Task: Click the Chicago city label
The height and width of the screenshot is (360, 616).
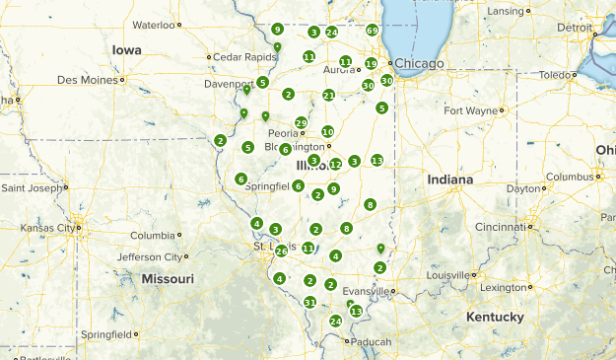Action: click(x=421, y=63)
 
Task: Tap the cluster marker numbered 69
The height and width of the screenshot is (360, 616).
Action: click(x=372, y=31)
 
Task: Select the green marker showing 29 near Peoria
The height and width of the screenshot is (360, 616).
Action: click(x=301, y=122)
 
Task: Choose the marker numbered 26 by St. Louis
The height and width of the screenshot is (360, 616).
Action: click(x=282, y=251)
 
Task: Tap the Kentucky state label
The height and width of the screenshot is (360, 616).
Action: click(x=495, y=317)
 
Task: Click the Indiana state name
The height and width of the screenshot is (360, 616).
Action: click(x=450, y=180)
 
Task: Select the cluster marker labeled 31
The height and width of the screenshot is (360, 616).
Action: click(x=310, y=302)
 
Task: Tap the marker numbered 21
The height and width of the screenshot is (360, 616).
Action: click(x=328, y=95)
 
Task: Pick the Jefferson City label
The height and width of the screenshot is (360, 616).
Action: click(x=151, y=256)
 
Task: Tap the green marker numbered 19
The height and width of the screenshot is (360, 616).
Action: click(x=371, y=63)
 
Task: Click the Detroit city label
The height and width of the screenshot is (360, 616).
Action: click(x=575, y=28)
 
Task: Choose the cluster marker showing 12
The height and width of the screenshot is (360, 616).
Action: click(x=335, y=164)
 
